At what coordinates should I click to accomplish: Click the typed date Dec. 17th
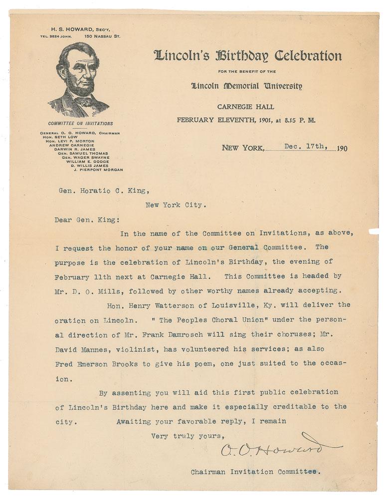coord(306,146)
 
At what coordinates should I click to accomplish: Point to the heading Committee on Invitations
coord(80,124)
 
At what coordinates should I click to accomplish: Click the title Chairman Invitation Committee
coord(254,471)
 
